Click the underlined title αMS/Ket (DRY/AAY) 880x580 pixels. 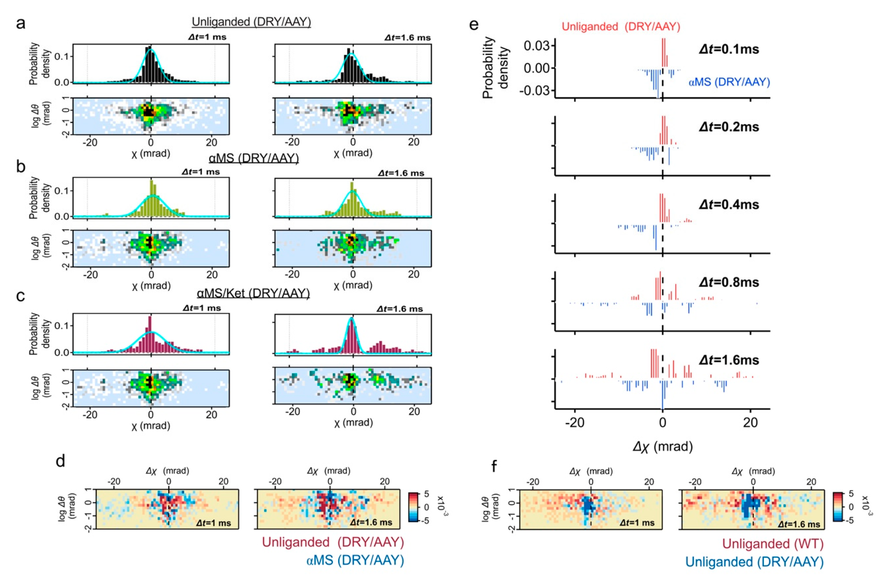[x=253, y=294]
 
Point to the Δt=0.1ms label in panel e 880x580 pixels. [x=729, y=49]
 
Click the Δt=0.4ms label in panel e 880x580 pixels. [x=729, y=205]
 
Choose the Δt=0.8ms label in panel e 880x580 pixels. [x=729, y=282]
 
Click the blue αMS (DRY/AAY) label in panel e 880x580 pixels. [x=729, y=82]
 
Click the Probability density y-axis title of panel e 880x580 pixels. [x=496, y=67]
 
